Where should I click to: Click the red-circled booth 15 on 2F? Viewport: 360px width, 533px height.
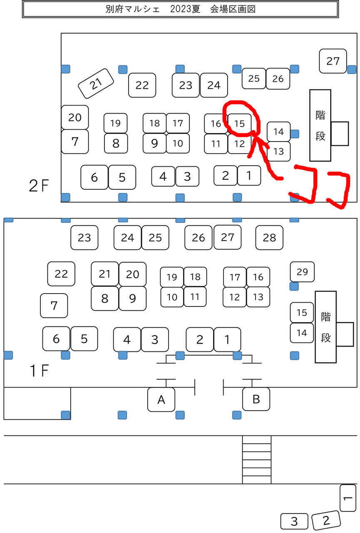coord(240,123)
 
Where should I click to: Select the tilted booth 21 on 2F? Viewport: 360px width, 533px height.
coord(96,84)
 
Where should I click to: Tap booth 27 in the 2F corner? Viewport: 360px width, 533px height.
coord(333,61)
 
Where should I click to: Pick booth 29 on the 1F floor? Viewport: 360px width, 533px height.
coord(302,272)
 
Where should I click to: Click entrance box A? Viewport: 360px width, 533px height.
coord(161,400)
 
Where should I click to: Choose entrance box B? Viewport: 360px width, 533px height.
coord(256,399)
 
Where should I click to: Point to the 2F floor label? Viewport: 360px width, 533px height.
coord(39,186)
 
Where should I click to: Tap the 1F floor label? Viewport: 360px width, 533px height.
coord(39,371)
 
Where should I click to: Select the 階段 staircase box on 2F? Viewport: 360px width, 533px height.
coord(320,125)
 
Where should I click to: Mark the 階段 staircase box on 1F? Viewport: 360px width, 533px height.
coord(325,327)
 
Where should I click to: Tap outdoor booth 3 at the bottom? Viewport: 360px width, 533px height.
coord(294,521)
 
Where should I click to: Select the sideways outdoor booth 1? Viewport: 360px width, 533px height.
coord(348,498)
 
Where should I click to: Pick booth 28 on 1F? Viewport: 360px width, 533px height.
coord(269,238)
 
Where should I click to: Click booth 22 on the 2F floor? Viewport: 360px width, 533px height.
coord(142,85)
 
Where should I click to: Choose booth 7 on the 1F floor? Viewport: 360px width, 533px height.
coord(54,306)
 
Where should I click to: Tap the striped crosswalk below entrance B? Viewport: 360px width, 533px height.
coord(257,460)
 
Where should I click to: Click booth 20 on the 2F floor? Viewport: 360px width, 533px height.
coord(75,117)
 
